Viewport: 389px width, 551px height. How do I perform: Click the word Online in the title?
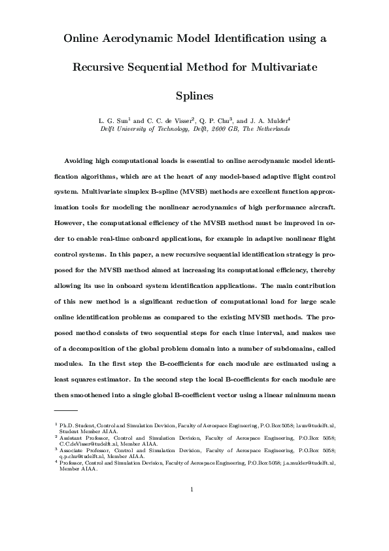click(x=84, y=39)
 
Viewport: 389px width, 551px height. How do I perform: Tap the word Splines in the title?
click(x=194, y=96)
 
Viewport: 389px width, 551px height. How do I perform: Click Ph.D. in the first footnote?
click(x=67, y=425)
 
